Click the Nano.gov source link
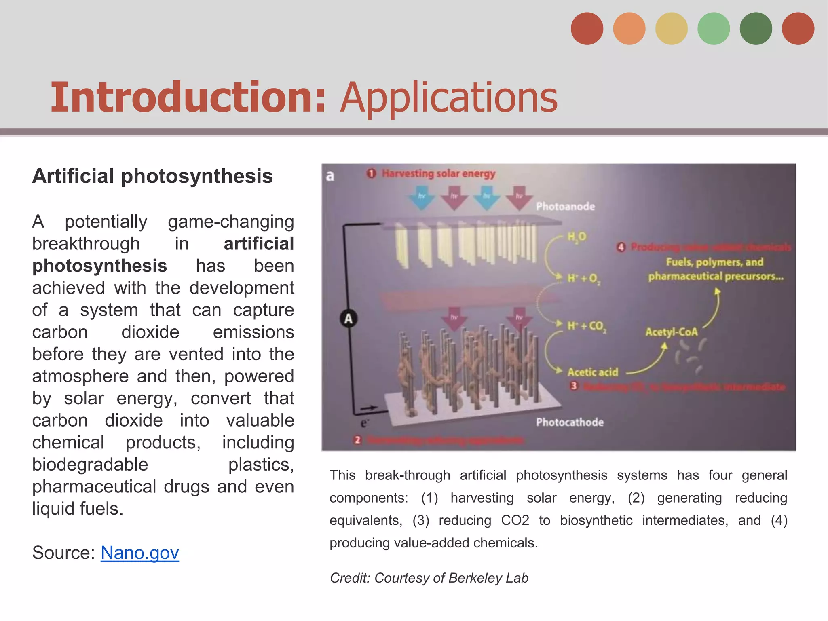click(139, 553)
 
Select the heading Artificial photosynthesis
click(152, 176)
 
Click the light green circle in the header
click(714, 29)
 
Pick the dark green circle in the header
click(756, 29)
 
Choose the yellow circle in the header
click(671, 29)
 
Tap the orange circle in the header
click(629, 29)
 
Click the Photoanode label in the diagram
click(565, 207)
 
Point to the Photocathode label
click(570, 422)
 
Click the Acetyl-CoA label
click(672, 332)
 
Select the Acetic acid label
click(593, 372)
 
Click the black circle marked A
click(349, 319)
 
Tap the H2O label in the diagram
click(577, 237)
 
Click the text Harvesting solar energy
click(438, 174)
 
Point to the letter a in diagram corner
click(330, 176)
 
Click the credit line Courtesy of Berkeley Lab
click(429, 578)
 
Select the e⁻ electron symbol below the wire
click(364, 423)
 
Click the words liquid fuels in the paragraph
click(77, 509)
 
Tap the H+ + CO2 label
click(587, 326)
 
